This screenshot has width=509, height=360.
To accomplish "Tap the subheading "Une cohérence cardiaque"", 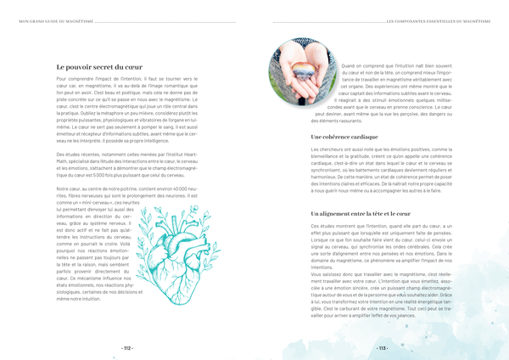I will point(344,136).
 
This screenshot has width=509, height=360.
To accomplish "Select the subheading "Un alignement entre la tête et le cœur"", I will point(361,213).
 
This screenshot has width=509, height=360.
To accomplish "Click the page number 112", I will point(127,348).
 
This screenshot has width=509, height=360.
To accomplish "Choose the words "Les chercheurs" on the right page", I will point(327,149).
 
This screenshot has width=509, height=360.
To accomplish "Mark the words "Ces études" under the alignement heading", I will point(322,226).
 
